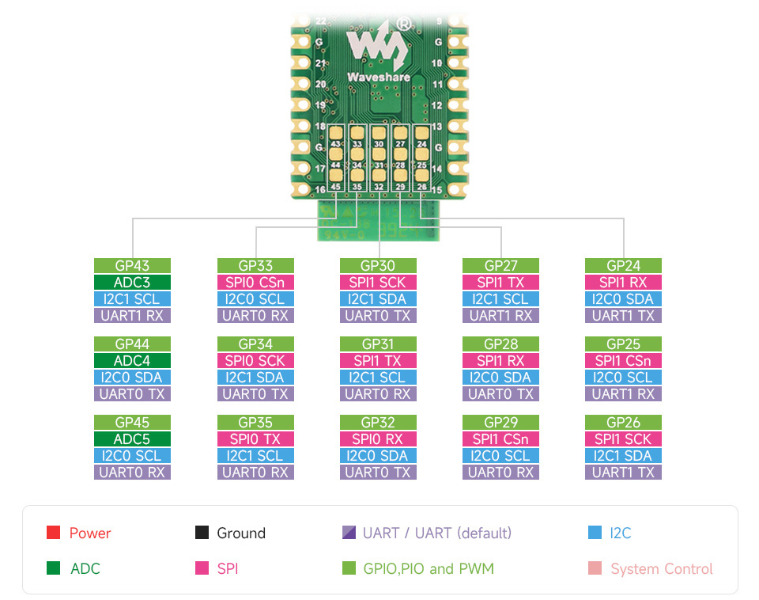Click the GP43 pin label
pos(132,266)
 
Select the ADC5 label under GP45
pos(132,439)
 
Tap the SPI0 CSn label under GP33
pos(255,283)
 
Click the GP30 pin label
pos(378,266)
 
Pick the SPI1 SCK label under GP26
pos(623,439)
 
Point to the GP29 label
pos(500,423)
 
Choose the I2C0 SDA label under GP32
pos(378,456)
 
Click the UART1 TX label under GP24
pos(623,316)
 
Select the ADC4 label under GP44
pos(132,361)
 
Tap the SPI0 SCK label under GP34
pos(255,361)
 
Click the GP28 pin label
pos(500,344)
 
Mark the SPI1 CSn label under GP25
pos(623,361)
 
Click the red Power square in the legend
pos(54,533)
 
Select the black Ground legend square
pos(201,533)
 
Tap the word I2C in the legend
pos(621,533)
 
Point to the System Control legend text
pos(661,568)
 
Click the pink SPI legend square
pos(201,568)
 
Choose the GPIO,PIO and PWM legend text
pos(428,568)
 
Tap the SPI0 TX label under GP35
pos(255,439)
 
